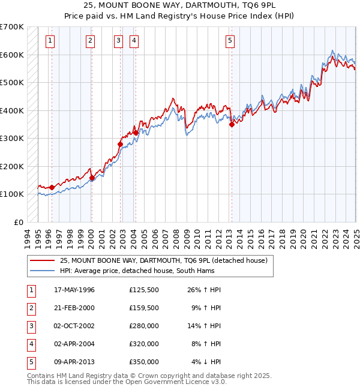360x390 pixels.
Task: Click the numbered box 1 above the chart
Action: [49, 41]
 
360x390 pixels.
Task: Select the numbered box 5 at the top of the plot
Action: [230, 41]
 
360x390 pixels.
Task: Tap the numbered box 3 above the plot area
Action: [118, 41]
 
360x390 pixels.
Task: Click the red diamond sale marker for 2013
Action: [232, 124]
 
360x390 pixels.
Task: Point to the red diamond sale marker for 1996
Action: [52, 187]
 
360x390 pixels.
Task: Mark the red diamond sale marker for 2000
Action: [92, 178]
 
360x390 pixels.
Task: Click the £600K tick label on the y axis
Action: [12, 55]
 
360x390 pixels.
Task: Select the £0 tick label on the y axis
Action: [18, 222]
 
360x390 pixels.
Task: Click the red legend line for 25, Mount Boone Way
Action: [42, 260]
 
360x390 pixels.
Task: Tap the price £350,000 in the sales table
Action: [144, 362]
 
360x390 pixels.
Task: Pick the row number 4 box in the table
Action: [30, 344]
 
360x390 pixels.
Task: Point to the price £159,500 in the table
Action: [144, 308]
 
